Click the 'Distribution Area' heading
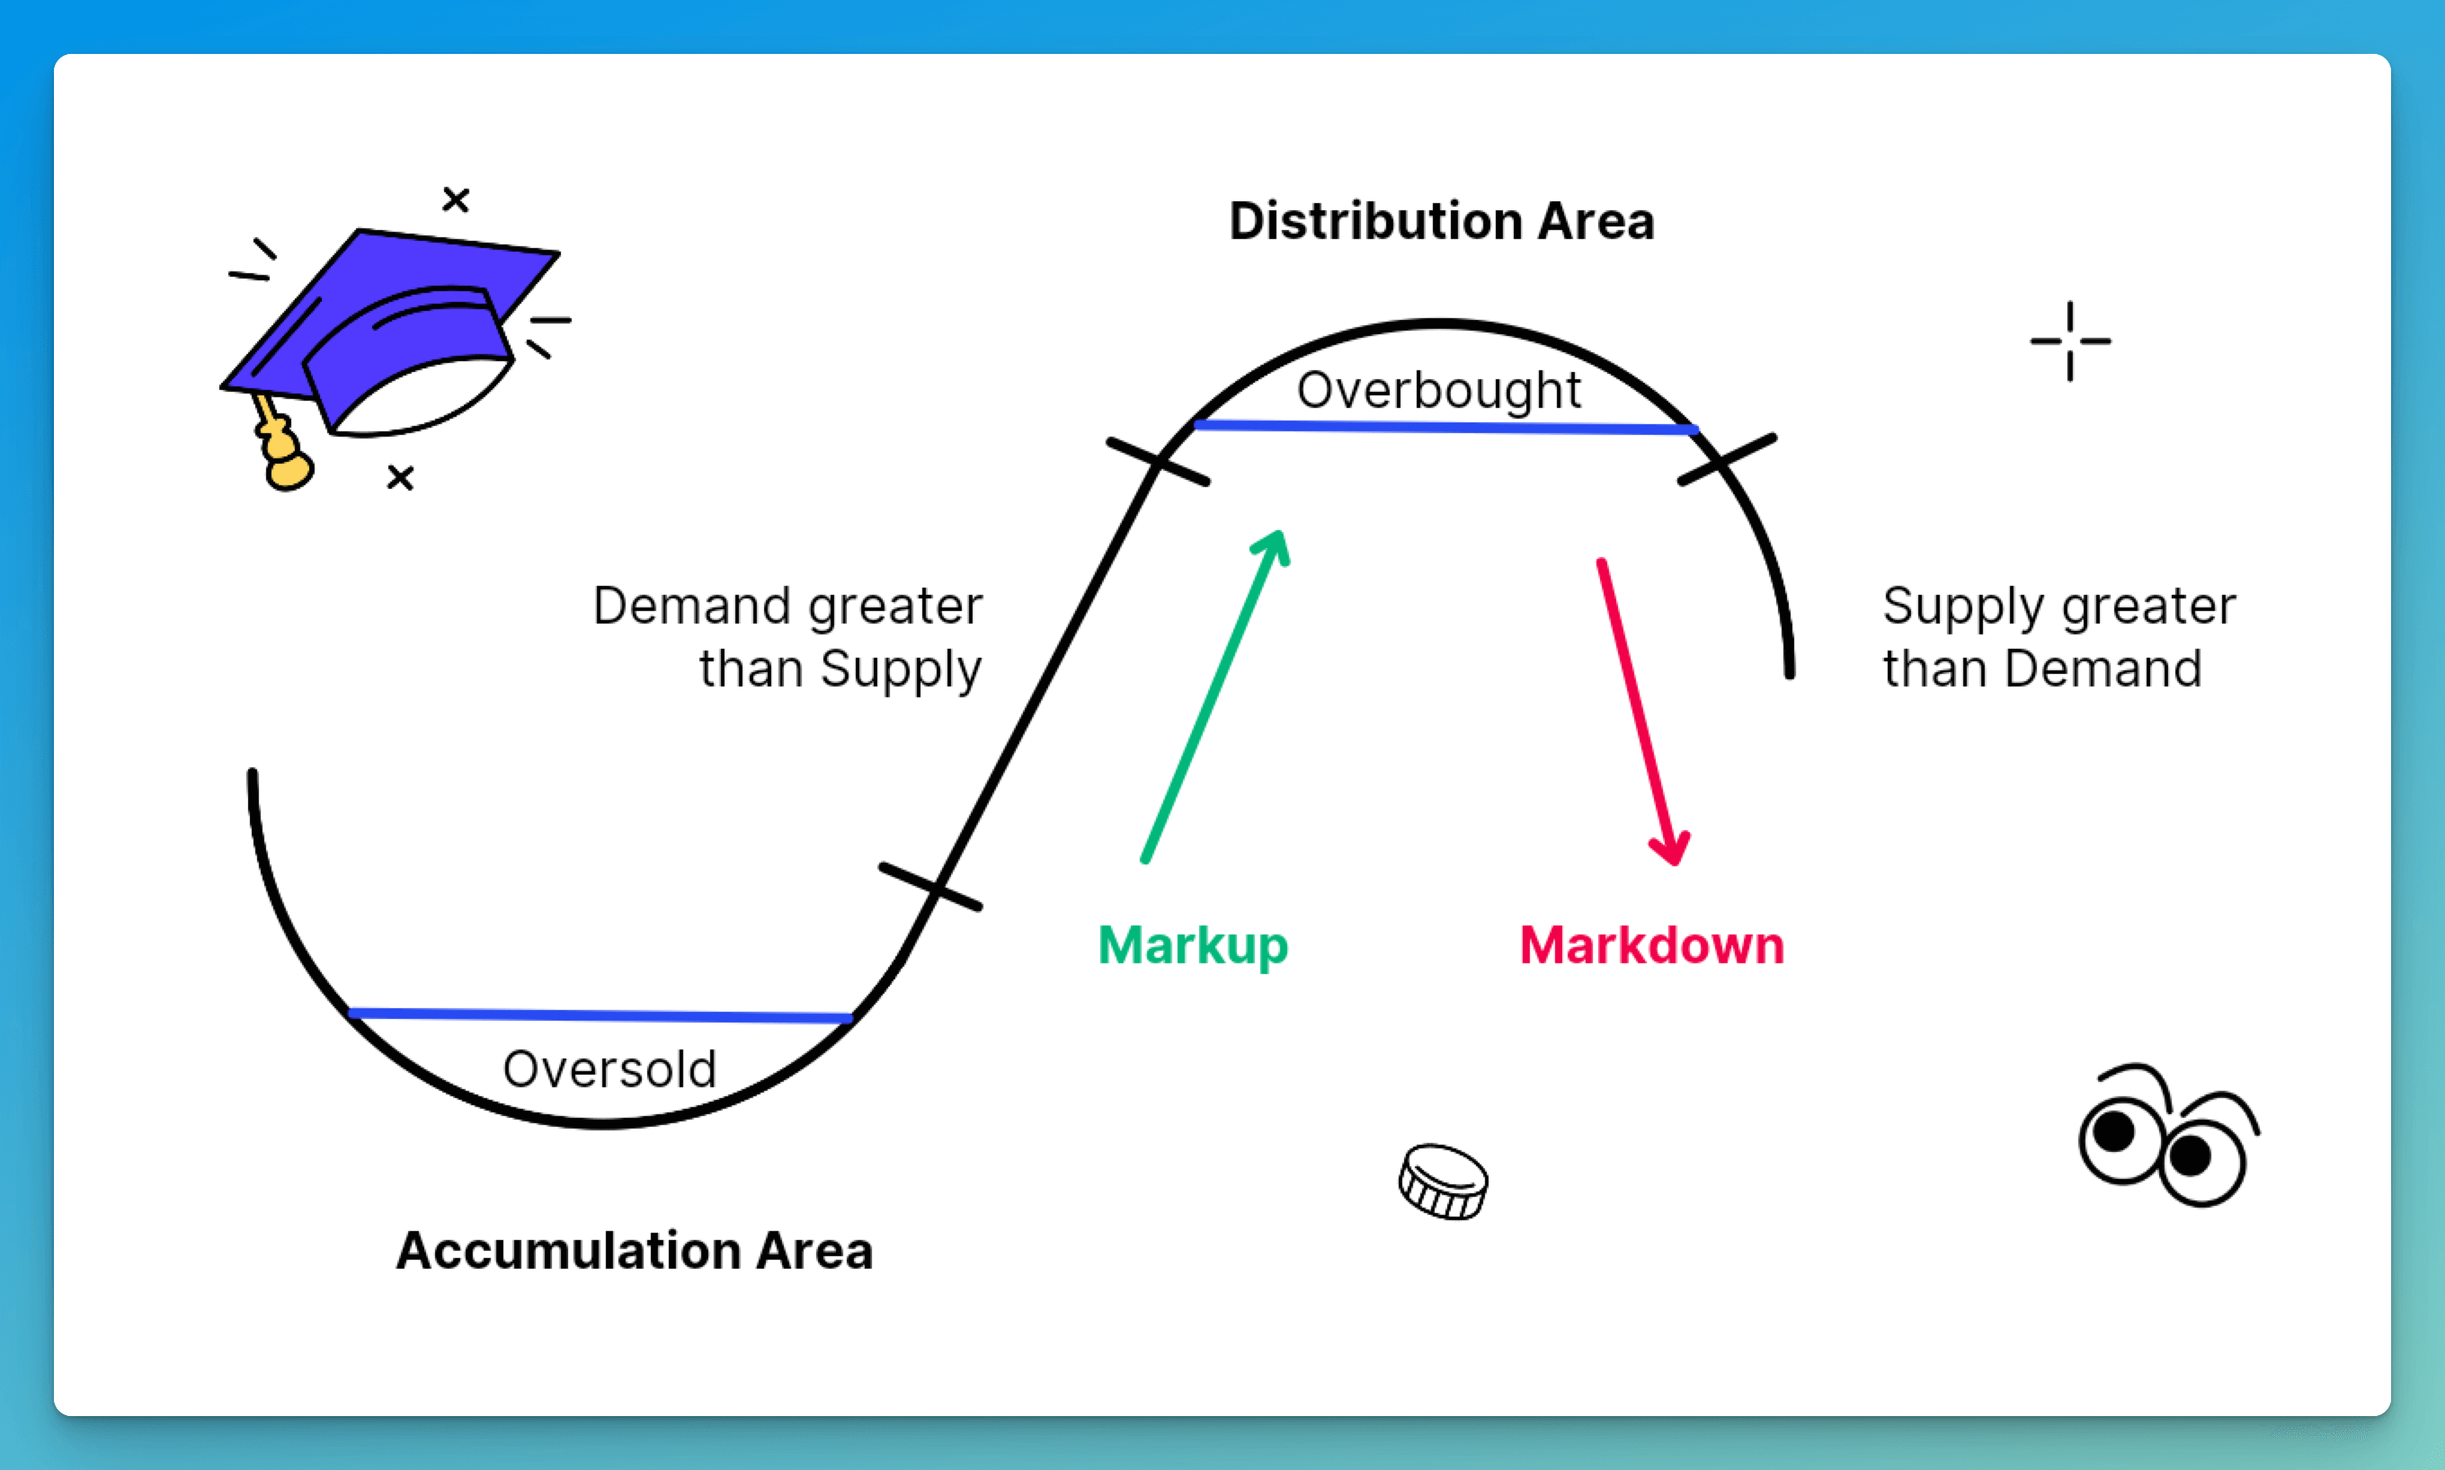click(x=1442, y=221)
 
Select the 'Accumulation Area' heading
click(x=634, y=1250)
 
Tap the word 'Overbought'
click(x=1438, y=391)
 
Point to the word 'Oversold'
click(x=609, y=1069)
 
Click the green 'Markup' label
click(x=1193, y=947)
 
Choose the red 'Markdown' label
click(x=1651, y=945)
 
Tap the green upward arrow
click(x=1215, y=696)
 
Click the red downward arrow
click(x=1643, y=712)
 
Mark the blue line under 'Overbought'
click(x=1446, y=427)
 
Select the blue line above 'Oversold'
click(x=600, y=1015)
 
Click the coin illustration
click(x=1443, y=1182)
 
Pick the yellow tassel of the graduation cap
click(x=282, y=446)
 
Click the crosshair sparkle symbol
click(x=2069, y=341)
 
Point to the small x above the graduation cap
click(x=456, y=199)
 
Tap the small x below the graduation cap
click(x=400, y=477)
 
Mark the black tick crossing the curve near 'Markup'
click(x=930, y=887)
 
